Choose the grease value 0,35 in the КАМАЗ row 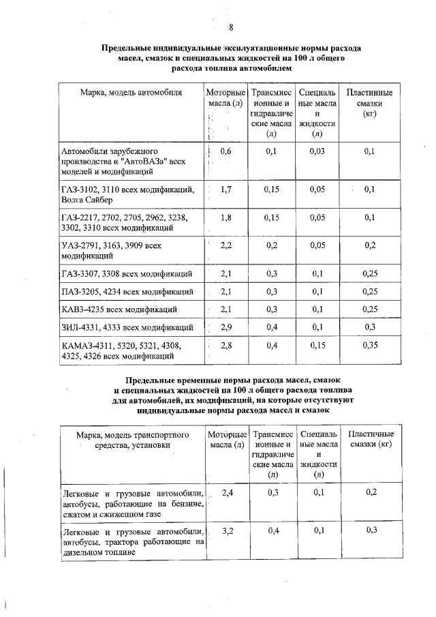[370, 346]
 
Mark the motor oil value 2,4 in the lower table [227, 492]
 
